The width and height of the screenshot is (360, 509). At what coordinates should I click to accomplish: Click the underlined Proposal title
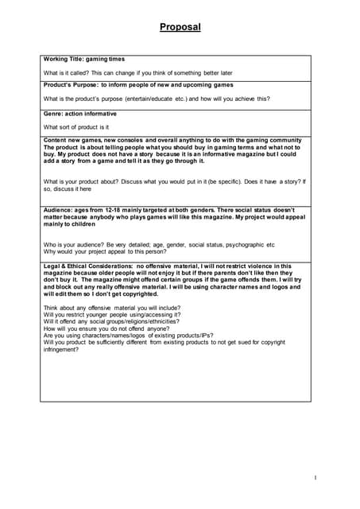pos(180,27)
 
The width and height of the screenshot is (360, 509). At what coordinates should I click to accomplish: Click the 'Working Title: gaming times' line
pos(84,59)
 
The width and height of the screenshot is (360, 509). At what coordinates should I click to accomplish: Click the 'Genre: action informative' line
pos(81,114)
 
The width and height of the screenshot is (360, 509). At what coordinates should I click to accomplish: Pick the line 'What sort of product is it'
pos(76,126)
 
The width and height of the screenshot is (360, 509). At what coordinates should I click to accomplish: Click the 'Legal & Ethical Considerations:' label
pos(87,266)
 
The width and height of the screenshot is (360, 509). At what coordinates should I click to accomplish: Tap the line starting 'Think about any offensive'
pos(103,308)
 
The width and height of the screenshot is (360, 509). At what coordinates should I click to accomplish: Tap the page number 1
pos(316,477)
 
